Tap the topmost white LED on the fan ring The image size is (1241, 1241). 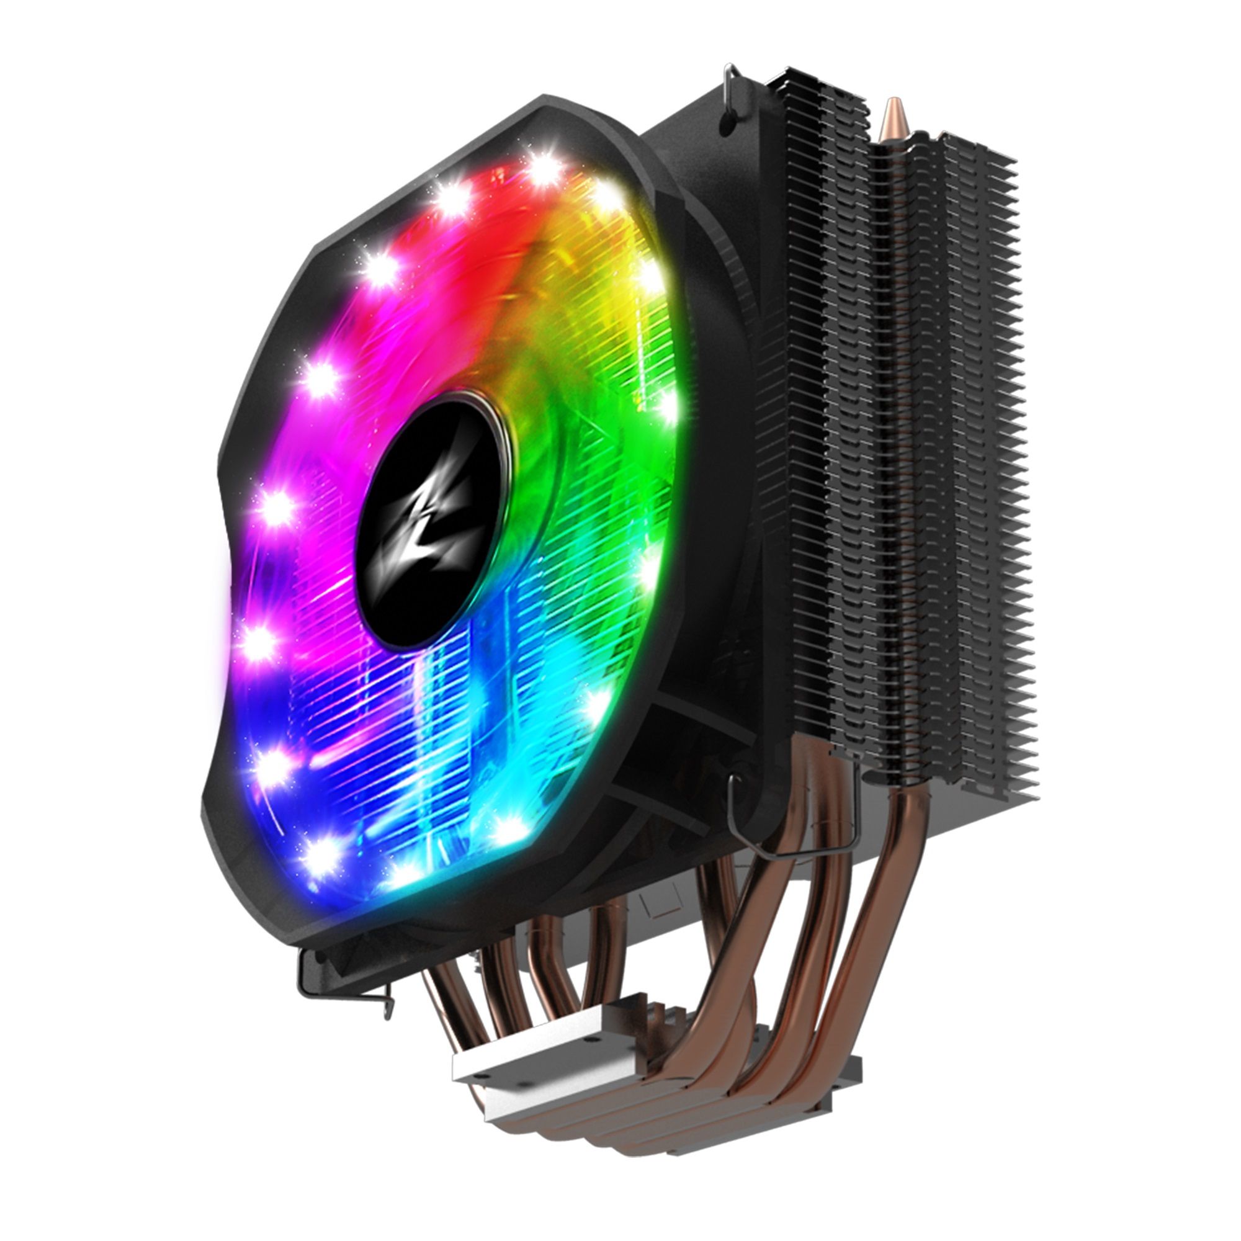pos(545,168)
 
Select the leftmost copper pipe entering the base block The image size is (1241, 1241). pos(443,1002)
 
